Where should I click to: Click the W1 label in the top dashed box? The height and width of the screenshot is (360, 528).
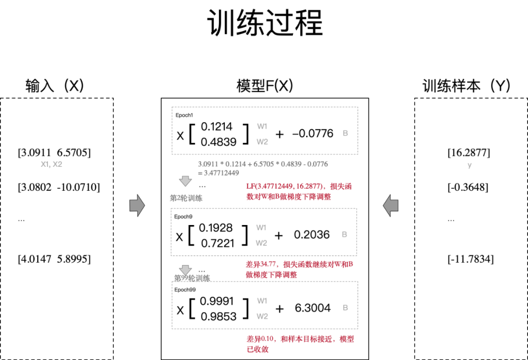pyautogui.click(x=262, y=126)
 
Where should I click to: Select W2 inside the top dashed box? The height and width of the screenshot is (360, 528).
pyautogui.click(x=262, y=142)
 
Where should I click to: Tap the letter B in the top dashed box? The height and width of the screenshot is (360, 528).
pyautogui.click(x=345, y=133)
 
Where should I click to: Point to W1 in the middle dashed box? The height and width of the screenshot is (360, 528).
pyautogui.click(x=261, y=227)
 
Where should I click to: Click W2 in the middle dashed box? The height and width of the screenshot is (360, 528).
pyautogui.click(x=261, y=243)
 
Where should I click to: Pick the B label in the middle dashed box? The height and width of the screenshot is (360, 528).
pyautogui.click(x=344, y=234)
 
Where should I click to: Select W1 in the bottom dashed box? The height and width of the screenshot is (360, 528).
pyautogui.click(x=262, y=301)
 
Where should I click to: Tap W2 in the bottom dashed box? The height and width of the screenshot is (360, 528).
pyautogui.click(x=262, y=316)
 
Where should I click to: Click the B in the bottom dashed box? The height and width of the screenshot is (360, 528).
pyautogui.click(x=345, y=308)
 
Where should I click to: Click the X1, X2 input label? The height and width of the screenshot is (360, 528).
pyautogui.click(x=51, y=164)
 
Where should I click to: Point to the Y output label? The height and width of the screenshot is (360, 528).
pyautogui.click(x=469, y=166)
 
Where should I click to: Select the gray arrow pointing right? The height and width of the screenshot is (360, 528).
pyautogui.click(x=137, y=205)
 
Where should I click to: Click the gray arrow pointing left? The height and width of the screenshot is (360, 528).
pyautogui.click(x=391, y=205)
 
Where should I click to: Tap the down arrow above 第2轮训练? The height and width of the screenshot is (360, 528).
pyautogui.click(x=185, y=181)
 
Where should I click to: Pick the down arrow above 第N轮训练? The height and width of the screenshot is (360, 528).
pyautogui.click(x=185, y=270)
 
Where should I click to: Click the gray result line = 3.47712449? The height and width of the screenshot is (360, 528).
pyautogui.click(x=218, y=173)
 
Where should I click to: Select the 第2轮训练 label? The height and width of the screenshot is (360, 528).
pyautogui.click(x=186, y=198)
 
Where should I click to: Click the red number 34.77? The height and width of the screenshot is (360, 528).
pyautogui.click(x=267, y=264)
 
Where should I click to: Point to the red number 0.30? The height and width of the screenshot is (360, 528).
pyautogui.click(x=267, y=338)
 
